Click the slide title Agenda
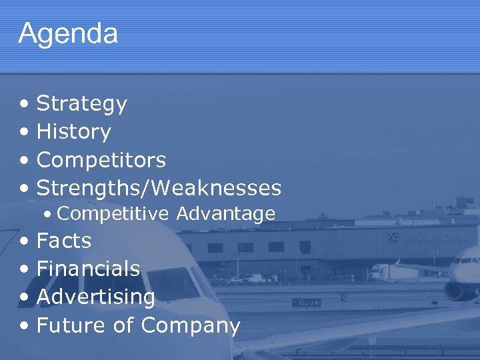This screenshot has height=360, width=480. click(x=68, y=33)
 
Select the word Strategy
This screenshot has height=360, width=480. click(x=81, y=104)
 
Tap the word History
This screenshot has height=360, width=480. click(x=73, y=132)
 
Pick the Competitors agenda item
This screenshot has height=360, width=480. click(x=101, y=160)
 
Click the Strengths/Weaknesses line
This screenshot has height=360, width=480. click(x=159, y=188)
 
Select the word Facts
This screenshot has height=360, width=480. click(x=63, y=240)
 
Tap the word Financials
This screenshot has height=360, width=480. click(x=88, y=269)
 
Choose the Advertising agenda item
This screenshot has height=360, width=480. click(x=95, y=297)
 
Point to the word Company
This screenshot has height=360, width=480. click(x=190, y=326)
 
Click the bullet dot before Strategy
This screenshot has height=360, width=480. click(x=24, y=105)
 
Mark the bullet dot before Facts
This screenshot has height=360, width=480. click(x=24, y=241)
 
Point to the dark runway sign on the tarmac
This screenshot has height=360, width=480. click(x=306, y=302)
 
